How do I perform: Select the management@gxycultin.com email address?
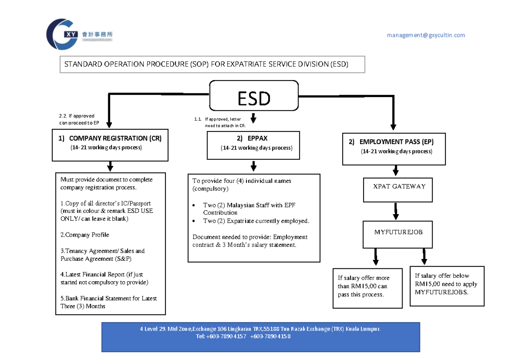click(425, 35)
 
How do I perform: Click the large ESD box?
click(254, 98)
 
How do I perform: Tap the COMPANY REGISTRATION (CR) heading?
click(110, 138)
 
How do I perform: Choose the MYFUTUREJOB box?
click(398, 232)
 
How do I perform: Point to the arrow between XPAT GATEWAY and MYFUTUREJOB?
click(395, 211)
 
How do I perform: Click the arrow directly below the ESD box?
click(254, 117)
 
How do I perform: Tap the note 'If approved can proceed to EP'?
click(78, 119)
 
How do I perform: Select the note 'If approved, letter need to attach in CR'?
click(225, 123)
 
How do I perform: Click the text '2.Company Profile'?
click(85, 235)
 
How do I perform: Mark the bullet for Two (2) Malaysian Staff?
click(194, 206)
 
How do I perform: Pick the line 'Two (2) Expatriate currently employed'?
click(256, 221)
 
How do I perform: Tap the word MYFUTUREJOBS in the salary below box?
click(442, 292)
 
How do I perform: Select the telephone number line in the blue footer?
click(243, 336)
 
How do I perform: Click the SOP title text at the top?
click(206, 64)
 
